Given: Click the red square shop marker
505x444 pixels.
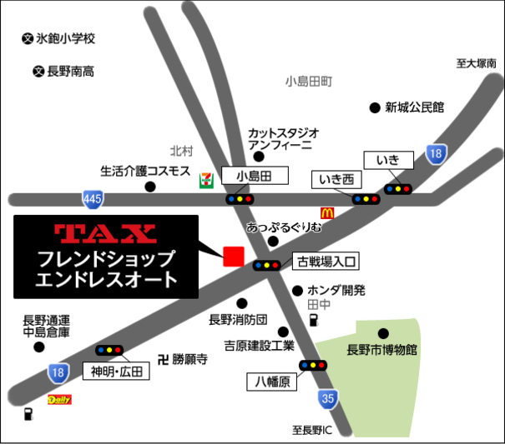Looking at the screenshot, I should tap(233, 256).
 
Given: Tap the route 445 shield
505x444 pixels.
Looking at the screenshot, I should tap(93, 198).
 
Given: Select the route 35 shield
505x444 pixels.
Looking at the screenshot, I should tap(328, 399).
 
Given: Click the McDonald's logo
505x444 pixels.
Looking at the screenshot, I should tap(326, 213).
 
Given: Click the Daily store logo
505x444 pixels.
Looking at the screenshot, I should tap(59, 400).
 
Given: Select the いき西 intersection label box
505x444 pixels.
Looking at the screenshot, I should tap(337, 179).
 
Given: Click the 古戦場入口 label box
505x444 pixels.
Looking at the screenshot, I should tap(326, 262).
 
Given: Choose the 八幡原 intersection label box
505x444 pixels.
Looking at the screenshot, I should tap(272, 382).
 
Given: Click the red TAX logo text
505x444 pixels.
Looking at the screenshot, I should tap(104, 232).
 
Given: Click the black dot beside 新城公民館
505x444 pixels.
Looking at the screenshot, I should tap(374, 107).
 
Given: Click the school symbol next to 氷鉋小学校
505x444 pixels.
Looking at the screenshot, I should tap(27, 38).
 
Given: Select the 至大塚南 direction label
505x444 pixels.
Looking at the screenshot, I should tap(476, 62).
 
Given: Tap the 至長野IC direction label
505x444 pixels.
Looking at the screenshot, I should tap(312, 431).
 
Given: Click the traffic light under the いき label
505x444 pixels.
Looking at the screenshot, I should tap(397, 189).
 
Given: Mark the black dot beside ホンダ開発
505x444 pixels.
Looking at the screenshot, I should tap(297, 291).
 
